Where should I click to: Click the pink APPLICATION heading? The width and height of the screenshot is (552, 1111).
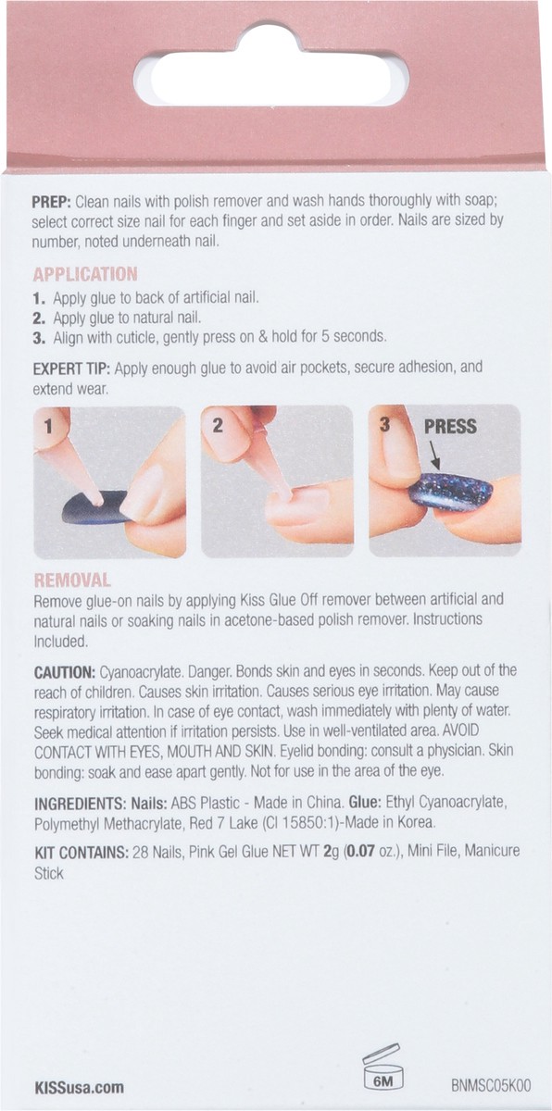pyautogui.click(x=85, y=274)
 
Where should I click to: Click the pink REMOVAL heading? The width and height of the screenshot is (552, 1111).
pyautogui.click(x=72, y=580)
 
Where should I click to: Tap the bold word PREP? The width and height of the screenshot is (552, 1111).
pyautogui.click(x=52, y=202)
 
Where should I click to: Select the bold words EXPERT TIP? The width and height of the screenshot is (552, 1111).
pyautogui.click(x=73, y=369)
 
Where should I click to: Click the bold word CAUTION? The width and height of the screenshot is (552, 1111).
pyautogui.click(x=65, y=672)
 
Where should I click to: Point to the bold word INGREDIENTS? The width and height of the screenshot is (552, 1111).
pyautogui.click(x=81, y=803)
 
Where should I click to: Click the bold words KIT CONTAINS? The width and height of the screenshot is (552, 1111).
pyautogui.click(x=82, y=853)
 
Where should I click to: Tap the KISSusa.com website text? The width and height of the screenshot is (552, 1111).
pyautogui.click(x=80, y=1087)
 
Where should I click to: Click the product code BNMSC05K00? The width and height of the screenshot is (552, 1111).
pyautogui.click(x=491, y=1085)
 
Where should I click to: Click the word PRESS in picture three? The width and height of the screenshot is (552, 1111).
pyautogui.click(x=450, y=427)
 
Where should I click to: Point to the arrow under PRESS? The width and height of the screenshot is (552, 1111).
pyautogui.click(x=434, y=456)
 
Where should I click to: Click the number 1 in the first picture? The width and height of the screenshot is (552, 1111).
pyautogui.click(x=48, y=427)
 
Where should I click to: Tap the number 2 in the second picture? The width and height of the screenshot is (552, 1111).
pyautogui.click(x=217, y=426)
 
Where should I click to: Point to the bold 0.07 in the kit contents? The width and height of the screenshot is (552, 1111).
pyautogui.click(x=361, y=853)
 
